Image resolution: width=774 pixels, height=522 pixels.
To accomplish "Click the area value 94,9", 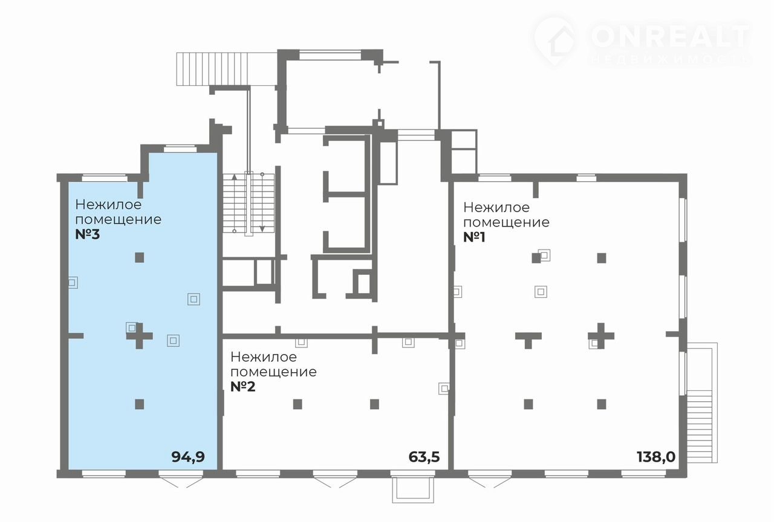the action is [188, 457].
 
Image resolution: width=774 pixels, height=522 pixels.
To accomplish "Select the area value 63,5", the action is [424, 457].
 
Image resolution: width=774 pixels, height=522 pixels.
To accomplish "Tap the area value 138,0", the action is [656, 457].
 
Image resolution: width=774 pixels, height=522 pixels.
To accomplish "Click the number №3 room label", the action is [88, 234].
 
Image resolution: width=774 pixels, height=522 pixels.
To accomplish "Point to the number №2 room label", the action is [243, 387].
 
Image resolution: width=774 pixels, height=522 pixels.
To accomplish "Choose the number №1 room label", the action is [475, 237].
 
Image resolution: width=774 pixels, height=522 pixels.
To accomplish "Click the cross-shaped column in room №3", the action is [139, 335].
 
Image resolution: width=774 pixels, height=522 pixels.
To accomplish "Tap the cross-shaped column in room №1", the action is [601, 335].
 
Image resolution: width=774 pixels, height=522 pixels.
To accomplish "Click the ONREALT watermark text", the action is [671, 36].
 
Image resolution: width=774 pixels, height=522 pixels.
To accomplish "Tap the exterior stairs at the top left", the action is [227, 69].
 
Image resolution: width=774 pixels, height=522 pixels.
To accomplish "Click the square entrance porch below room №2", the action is [413, 490].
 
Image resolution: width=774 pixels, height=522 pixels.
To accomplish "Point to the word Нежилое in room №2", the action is [264, 357].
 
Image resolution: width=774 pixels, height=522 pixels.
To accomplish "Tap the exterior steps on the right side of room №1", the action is [702, 402].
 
